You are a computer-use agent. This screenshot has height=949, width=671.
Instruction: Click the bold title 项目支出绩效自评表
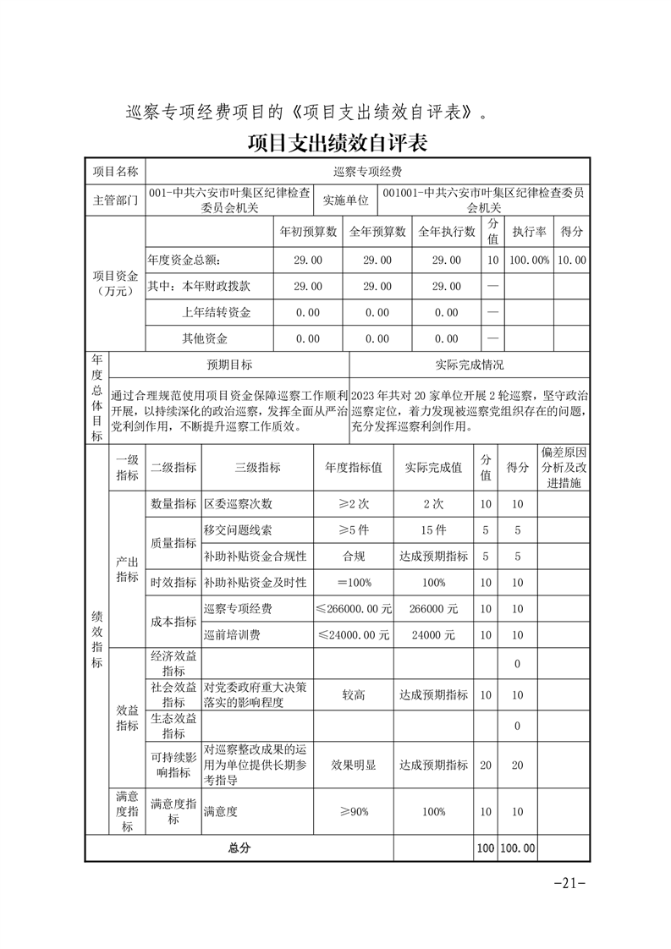click(337, 142)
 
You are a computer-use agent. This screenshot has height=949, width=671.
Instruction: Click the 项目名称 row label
click(115, 171)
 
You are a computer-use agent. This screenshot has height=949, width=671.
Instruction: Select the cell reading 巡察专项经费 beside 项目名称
click(367, 171)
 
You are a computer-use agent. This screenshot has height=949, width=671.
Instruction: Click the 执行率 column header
click(529, 231)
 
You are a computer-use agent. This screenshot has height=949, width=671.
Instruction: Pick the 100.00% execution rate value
click(529, 261)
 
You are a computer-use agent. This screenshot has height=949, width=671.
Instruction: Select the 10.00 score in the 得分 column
click(572, 261)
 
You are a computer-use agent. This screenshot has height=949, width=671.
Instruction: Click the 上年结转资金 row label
click(217, 312)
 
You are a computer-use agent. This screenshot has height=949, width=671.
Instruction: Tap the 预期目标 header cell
click(229, 365)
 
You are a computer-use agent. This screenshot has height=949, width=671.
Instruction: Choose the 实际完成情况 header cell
click(469, 365)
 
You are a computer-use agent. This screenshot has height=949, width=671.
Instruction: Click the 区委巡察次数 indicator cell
click(239, 504)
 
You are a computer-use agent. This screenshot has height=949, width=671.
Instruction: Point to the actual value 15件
click(433, 530)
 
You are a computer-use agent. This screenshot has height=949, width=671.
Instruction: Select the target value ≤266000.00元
click(354, 608)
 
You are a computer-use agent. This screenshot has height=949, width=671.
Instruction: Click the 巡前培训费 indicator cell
click(232, 634)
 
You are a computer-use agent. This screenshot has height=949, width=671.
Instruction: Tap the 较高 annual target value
click(354, 694)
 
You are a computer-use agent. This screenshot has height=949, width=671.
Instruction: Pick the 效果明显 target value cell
click(354, 765)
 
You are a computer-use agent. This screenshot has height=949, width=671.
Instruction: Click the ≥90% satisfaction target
click(354, 812)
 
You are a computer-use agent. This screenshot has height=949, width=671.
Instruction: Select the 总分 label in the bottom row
click(239, 848)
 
